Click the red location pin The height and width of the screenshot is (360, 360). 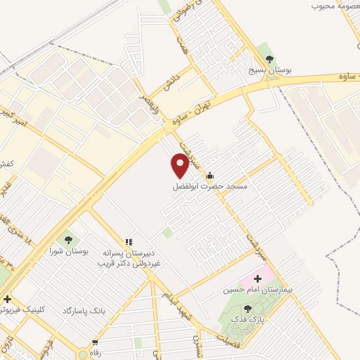[x=180, y=165]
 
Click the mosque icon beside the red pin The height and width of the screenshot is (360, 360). [x=210, y=175]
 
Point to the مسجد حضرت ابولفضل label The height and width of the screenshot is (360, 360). [x=211, y=187]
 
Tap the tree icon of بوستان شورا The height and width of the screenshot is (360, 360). [x=68, y=238]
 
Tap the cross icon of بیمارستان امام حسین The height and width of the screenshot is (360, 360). [x=257, y=278]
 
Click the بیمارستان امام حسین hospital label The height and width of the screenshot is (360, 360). [x=252, y=290]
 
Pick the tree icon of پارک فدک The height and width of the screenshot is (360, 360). [x=247, y=308]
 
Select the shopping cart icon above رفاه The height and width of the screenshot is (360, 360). [x=94, y=342]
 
